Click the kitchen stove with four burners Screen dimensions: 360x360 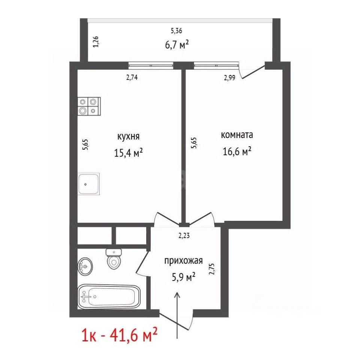89,106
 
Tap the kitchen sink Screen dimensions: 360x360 88,184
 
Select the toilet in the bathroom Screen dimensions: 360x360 114,259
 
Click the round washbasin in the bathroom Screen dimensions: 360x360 85,266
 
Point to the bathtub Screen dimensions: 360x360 109,297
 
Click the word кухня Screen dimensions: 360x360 128,136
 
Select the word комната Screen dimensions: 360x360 237,135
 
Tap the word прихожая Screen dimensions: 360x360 183,261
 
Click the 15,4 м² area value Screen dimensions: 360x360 129,153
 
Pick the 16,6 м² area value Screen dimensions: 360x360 237,151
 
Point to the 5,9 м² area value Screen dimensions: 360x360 183,277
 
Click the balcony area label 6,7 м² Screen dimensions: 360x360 177,45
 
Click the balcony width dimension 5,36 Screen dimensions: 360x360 176,31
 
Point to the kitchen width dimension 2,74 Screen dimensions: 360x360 132,78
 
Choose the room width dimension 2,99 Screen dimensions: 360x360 229,78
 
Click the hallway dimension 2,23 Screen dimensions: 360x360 184,235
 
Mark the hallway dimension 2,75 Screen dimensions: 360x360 211,269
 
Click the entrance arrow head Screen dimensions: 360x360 177,295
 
